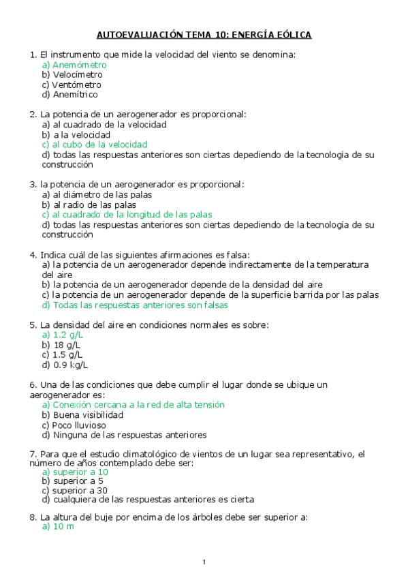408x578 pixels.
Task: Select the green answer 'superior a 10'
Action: [x=75, y=472]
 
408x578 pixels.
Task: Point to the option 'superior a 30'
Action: [x=75, y=491]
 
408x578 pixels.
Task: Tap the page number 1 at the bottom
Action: [x=204, y=562]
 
